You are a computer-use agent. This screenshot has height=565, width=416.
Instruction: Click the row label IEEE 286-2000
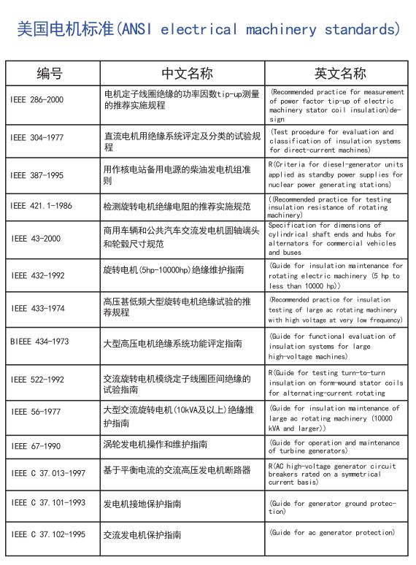(37, 99)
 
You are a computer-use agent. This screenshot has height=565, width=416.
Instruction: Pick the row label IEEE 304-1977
(37, 138)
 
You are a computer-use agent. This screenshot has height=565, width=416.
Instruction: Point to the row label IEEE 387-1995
(37, 175)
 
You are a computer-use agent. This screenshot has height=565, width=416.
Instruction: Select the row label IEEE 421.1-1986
(41, 207)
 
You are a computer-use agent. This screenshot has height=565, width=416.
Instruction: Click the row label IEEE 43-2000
(35, 239)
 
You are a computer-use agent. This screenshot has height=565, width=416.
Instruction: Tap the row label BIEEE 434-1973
(39, 342)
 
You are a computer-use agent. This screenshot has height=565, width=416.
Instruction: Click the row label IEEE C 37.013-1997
(47, 473)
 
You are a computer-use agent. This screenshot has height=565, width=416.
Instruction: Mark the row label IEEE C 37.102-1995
(47, 535)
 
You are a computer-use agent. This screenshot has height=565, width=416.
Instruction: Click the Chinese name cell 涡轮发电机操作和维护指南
(155, 445)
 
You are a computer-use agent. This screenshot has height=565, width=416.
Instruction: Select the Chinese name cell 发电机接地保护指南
(142, 504)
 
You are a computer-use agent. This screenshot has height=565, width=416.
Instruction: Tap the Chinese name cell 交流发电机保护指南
(142, 535)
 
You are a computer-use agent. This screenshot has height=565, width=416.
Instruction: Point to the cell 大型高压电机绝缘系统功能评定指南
(172, 342)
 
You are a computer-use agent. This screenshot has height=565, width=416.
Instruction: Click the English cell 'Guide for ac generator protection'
(333, 534)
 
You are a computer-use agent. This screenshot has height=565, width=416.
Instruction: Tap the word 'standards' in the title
(359, 30)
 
